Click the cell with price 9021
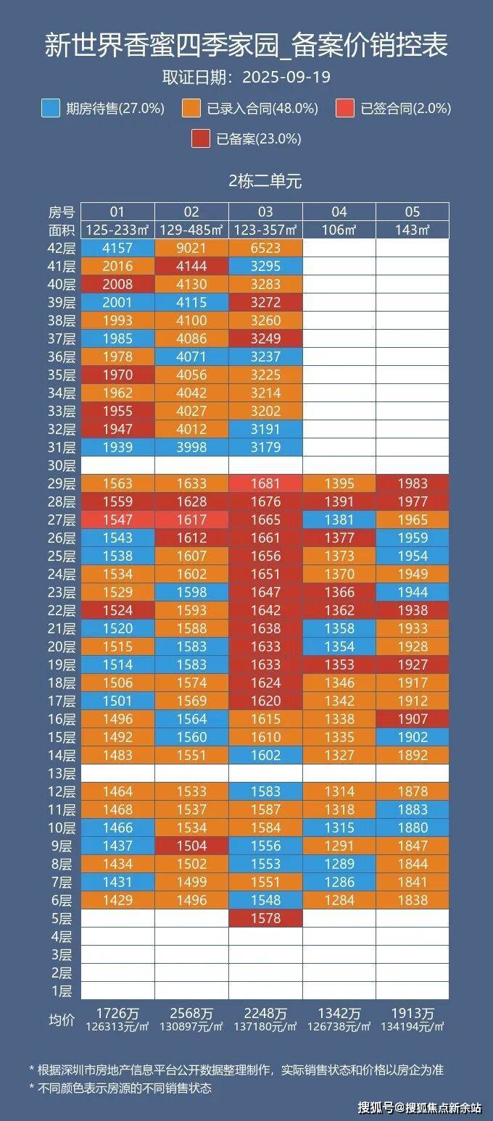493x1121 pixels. pyautogui.click(x=191, y=248)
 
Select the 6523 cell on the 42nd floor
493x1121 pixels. pyautogui.click(x=265, y=248)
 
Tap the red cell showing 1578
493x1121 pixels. pyautogui.click(x=265, y=918)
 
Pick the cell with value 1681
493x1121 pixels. pyautogui.click(x=265, y=483)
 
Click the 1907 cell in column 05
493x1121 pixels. pyautogui.click(x=412, y=719)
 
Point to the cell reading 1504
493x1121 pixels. pyautogui.click(x=191, y=846)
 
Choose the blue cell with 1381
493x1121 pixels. pyautogui.click(x=339, y=520)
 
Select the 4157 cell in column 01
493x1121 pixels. pyautogui.click(x=117, y=248)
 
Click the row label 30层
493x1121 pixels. pyautogui.click(x=62, y=465)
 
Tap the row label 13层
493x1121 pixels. pyautogui.click(x=62, y=773)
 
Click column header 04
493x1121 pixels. pyautogui.click(x=339, y=212)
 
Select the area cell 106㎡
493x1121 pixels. pyautogui.click(x=339, y=230)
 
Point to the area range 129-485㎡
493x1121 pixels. pyautogui.click(x=191, y=230)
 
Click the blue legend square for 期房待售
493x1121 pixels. pyautogui.click(x=51, y=109)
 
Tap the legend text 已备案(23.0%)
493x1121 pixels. pyautogui.click(x=259, y=139)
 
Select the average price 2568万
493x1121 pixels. pyautogui.click(x=191, y=1014)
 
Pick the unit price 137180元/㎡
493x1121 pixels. pyautogui.click(x=265, y=1027)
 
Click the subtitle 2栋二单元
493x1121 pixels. pyautogui.click(x=265, y=181)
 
